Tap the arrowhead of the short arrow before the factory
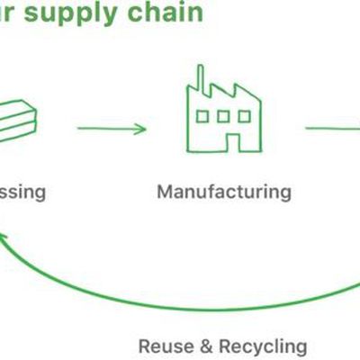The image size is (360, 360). tap(140, 129)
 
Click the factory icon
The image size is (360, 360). tap(222, 112)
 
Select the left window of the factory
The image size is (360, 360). tap(202, 117)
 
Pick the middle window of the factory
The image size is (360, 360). tap(222, 117)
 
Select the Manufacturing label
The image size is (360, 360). tap(223, 192)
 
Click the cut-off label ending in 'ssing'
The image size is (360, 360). tap(22, 192)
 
